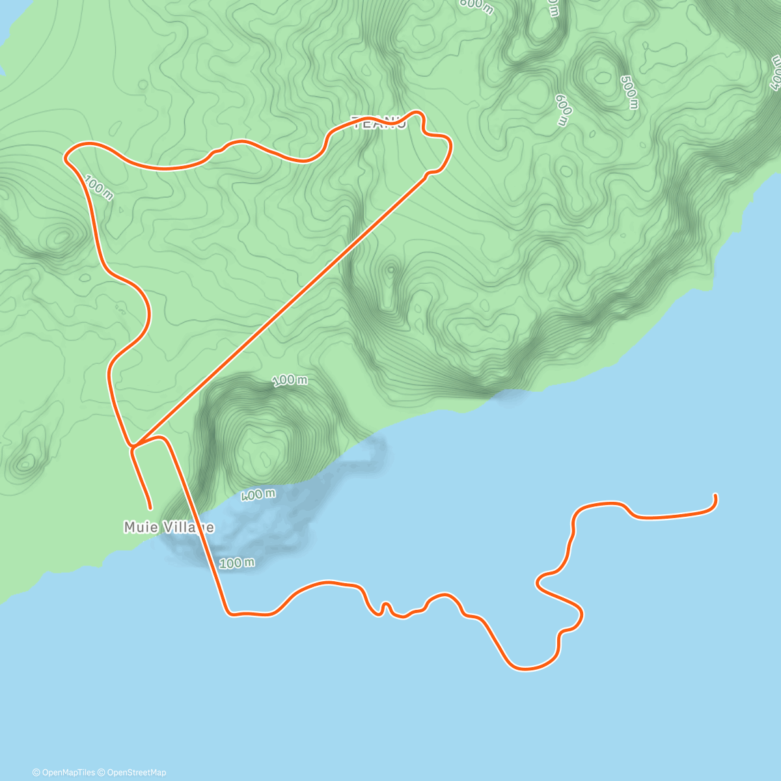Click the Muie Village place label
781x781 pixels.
169,527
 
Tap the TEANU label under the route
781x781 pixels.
379,122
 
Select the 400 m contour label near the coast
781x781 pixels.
258,495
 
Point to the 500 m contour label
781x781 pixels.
629,92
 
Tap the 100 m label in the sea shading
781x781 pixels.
236,563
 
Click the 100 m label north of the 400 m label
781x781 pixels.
290,380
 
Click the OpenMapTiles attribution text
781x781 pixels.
64,773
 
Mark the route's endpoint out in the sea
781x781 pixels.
715,496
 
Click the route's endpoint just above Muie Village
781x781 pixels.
150,507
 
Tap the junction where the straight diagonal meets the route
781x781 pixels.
133,446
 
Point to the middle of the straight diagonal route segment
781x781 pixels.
280,309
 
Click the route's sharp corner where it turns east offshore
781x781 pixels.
228,612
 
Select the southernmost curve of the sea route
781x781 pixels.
524,668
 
